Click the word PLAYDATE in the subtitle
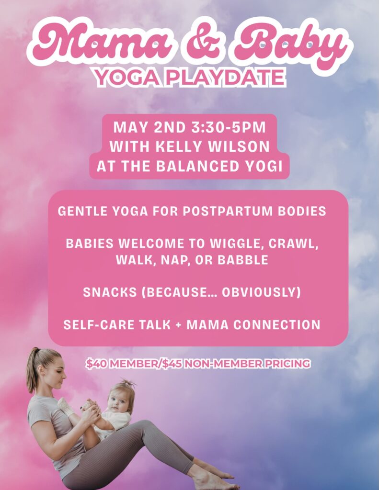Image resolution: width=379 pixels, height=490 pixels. [226, 78]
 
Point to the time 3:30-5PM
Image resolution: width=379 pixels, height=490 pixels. [228, 127]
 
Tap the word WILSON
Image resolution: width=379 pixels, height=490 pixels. [239, 146]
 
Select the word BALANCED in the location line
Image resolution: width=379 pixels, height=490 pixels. [198, 166]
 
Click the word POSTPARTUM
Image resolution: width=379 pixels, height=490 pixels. [228, 211]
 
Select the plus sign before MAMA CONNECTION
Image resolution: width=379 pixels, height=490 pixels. [179, 325]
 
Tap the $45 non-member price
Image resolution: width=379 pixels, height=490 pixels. [172, 364]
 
